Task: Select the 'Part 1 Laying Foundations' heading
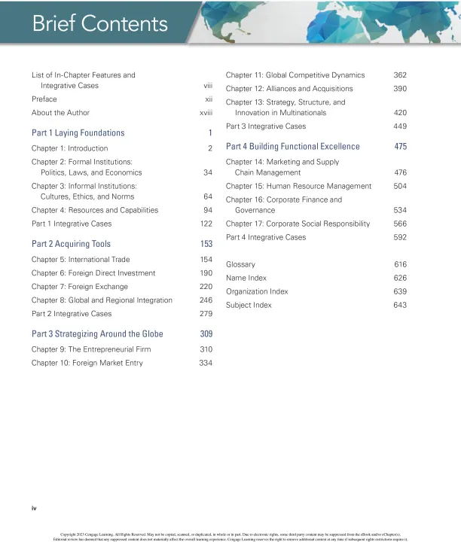[78, 133]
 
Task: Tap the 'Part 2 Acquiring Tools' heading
[71, 244]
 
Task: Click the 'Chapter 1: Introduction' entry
[69, 148]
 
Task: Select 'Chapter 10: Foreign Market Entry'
[87, 363]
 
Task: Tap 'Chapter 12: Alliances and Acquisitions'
[289, 89]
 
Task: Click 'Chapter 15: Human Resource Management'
[298, 186]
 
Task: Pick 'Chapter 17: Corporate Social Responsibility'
[298, 224]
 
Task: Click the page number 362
[400, 75]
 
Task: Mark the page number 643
[400, 305]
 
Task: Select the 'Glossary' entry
[240, 265]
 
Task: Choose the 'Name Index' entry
[246, 279]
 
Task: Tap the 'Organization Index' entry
[257, 291]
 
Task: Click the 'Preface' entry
[44, 99]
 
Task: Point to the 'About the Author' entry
[60, 113]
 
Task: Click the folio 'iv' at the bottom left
[34, 509]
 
